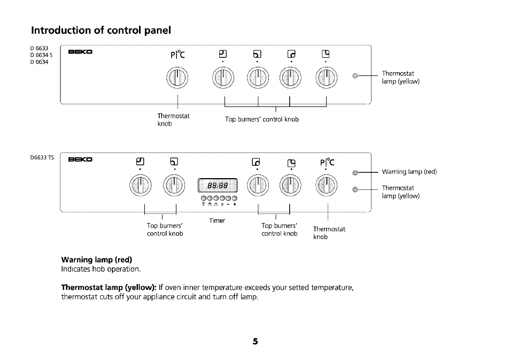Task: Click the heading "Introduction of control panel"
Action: [x=101, y=30]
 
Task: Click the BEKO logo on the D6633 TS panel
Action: [x=81, y=159]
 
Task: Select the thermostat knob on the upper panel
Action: [x=177, y=79]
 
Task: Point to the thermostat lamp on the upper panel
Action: [x=354, y=77]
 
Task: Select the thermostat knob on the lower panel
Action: [x=327, y=186]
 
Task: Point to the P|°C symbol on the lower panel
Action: [x=327, y=161]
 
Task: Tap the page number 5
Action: [x=255, y=341]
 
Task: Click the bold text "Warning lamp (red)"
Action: [x=97, y=260]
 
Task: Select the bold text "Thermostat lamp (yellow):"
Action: [x=109, y=287]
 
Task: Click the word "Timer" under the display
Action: [x=217, y=220]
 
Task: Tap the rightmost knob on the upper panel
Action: [x=326, y=79]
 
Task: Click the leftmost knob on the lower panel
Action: [x=140, y=186]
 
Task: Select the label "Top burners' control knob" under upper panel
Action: [x=261, y=119]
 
